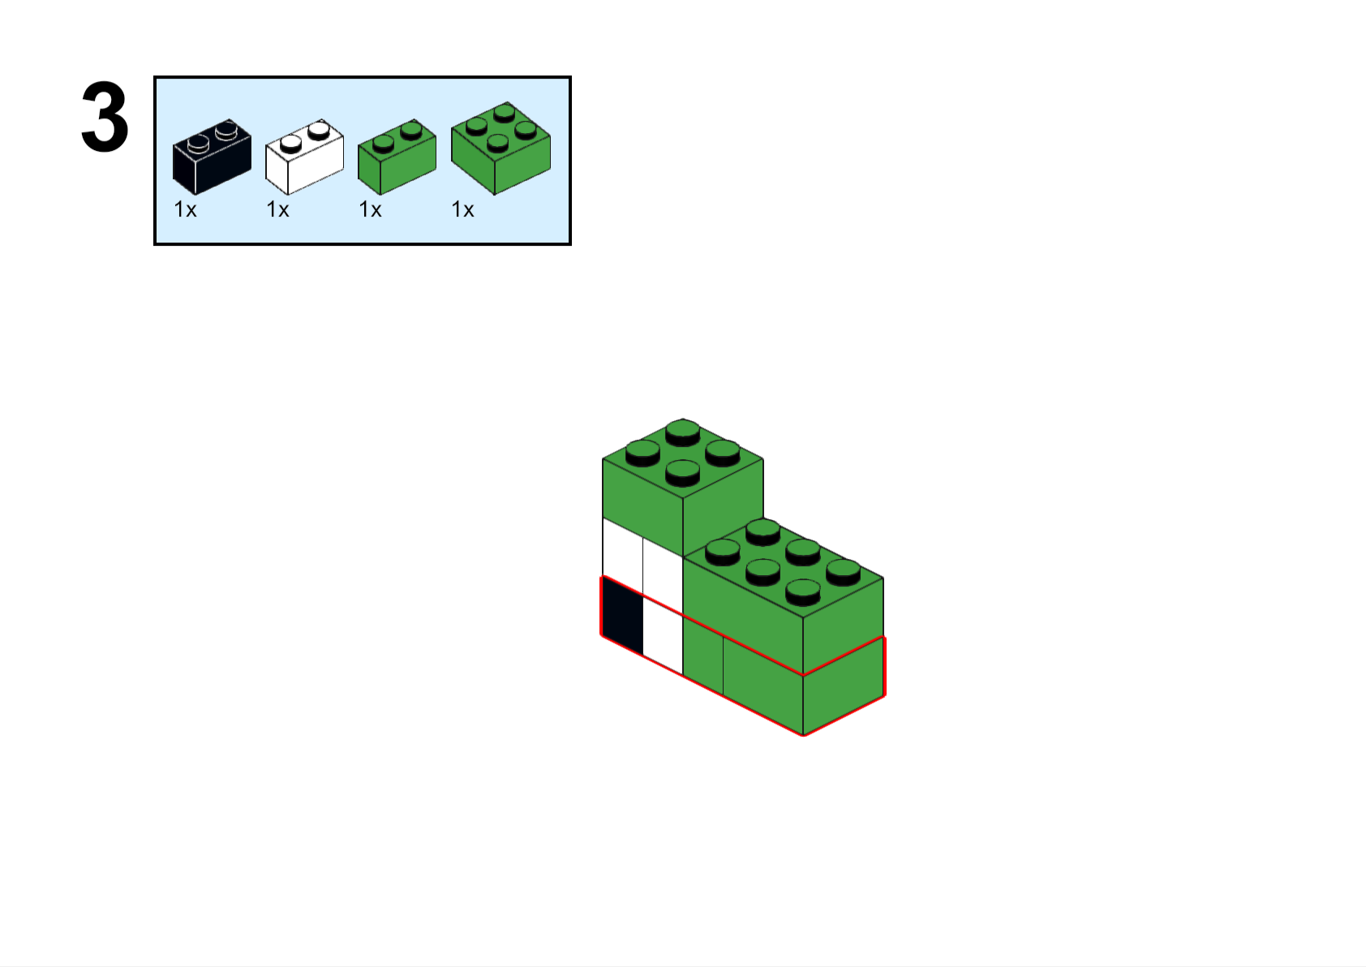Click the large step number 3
tap(105, 118)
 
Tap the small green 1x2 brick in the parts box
tap(397, 157)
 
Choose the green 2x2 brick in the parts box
tap(500, 149)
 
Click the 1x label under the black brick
tap(185, 210)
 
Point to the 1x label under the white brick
tap(277, 210)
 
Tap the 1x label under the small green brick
tap(370, 210)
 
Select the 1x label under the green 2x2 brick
tap(462, 210)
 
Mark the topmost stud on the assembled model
tap(683, 431)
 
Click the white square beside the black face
tap(663, 638)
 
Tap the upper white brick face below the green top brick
tap(642, 558)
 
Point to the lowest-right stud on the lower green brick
tap(803, 591)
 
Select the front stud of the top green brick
tap(683, 471)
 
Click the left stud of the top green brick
tap(643, 451)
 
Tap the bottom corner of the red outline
tap(804, 735)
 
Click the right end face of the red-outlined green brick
tap(844, 685)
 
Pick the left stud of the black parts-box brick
tap(199, 144)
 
